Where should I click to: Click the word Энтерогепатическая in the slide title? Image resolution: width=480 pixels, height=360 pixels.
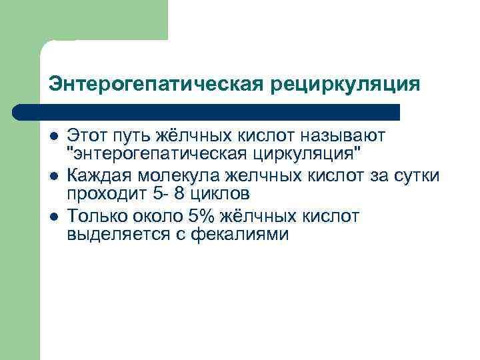pos(157,85)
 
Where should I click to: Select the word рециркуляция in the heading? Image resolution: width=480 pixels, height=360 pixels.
pos(345,85)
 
